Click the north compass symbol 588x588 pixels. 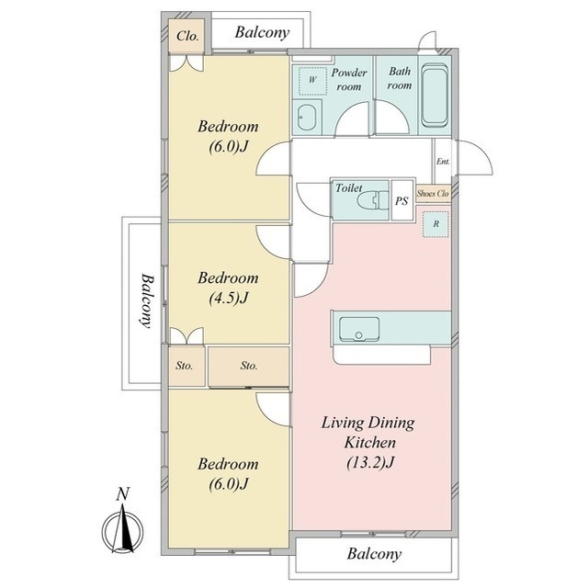(122, 528)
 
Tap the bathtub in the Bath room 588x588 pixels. (435, 96)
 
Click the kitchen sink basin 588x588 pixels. (359, 329)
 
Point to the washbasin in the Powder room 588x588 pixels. (307, 117)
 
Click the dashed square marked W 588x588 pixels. (312, 81)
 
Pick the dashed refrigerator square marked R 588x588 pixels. (435, 224)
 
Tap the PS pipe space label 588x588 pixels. (401, 201)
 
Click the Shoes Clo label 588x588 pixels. (433, 194)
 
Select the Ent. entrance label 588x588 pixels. (443, 162)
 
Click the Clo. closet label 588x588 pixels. (187, 37)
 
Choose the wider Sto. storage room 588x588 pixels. (249, 366)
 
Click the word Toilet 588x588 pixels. (349, 187)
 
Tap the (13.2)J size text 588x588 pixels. (370, 462)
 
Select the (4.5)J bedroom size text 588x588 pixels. (229, 298)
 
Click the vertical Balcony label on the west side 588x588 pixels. (148, 300)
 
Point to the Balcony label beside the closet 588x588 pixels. (262, 33)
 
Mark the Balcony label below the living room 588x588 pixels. (374, 554)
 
